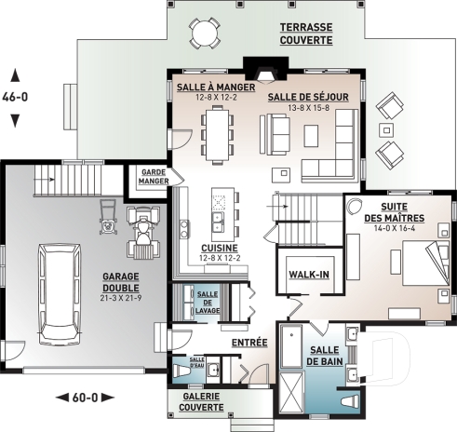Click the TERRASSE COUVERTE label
(306, 34)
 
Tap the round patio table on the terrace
(205, 33)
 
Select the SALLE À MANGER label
(216, 88)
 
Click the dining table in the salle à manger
(217, 135)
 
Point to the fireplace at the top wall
(266, 71)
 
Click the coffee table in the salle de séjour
(311, 136)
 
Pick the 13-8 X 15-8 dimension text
(308, 108)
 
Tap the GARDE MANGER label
(154, 177)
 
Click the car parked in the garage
(60, 294)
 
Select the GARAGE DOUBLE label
(121, 282)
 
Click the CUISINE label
(220, 249)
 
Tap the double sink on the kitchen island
(218, 223)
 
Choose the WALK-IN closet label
(309, 275)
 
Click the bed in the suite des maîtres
(425, 263)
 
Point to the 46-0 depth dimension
(15, 97)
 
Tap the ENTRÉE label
(249, 343)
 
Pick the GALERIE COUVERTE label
(201, 402)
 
